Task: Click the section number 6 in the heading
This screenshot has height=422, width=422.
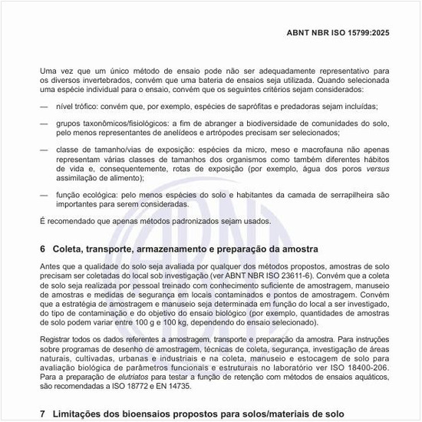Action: click(x=42, y=250)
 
